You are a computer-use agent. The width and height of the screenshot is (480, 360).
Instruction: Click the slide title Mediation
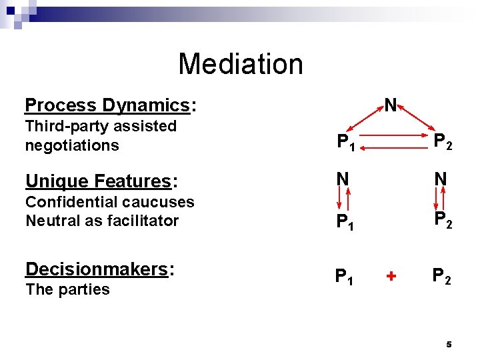240,64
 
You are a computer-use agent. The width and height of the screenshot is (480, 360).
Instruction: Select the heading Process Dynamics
107,105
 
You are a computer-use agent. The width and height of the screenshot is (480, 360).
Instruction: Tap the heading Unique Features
98,181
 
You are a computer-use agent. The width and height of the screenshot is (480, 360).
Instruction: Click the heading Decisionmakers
97,269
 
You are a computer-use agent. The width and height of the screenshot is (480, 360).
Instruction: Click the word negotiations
72,145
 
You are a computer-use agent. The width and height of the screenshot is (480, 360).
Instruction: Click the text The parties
67,289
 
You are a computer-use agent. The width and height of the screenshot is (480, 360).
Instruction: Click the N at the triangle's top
390,105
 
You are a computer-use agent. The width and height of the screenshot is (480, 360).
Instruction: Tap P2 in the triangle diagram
443,141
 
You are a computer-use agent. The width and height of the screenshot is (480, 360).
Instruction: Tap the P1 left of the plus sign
345,276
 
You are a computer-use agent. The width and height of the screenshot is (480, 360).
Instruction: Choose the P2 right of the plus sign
442,276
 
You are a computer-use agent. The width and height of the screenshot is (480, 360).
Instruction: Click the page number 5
449,345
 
